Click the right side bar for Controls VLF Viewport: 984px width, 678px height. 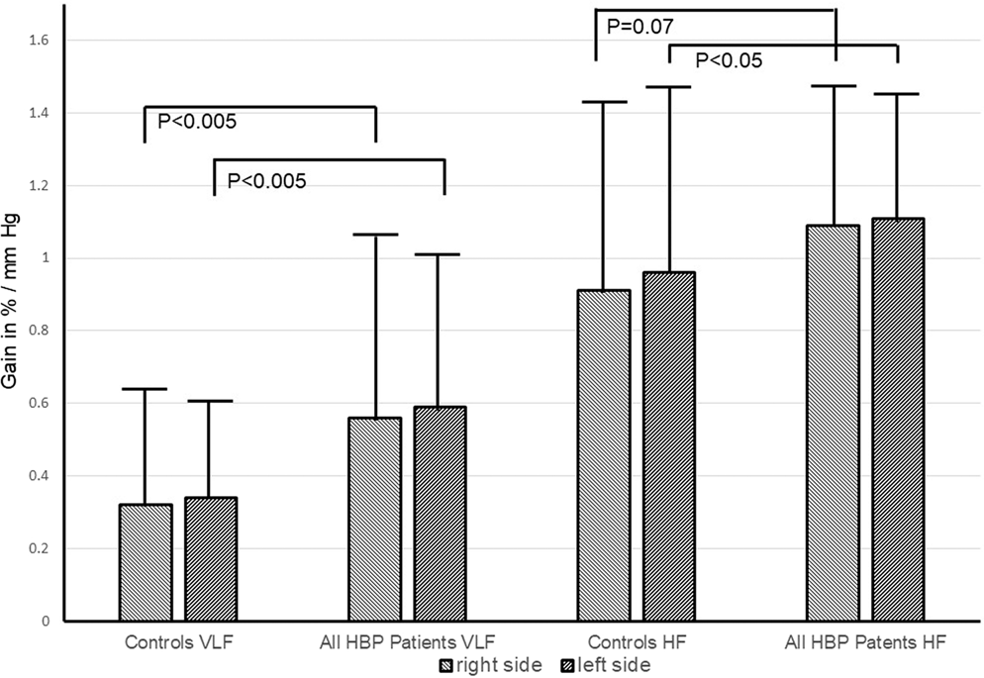click(146, 563)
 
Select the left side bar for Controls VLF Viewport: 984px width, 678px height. click(210, 559)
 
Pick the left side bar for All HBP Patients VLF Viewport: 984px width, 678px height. click(440, 514)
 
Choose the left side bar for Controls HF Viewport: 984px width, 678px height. click(669, 446)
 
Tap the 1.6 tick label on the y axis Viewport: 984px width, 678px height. click(41, 41)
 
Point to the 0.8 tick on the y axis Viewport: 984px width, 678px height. click(41, 331)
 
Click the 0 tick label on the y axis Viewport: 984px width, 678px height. click(47, 622)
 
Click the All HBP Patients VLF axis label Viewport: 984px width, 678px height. click(408, 642)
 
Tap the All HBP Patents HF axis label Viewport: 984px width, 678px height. click(865, 642)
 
